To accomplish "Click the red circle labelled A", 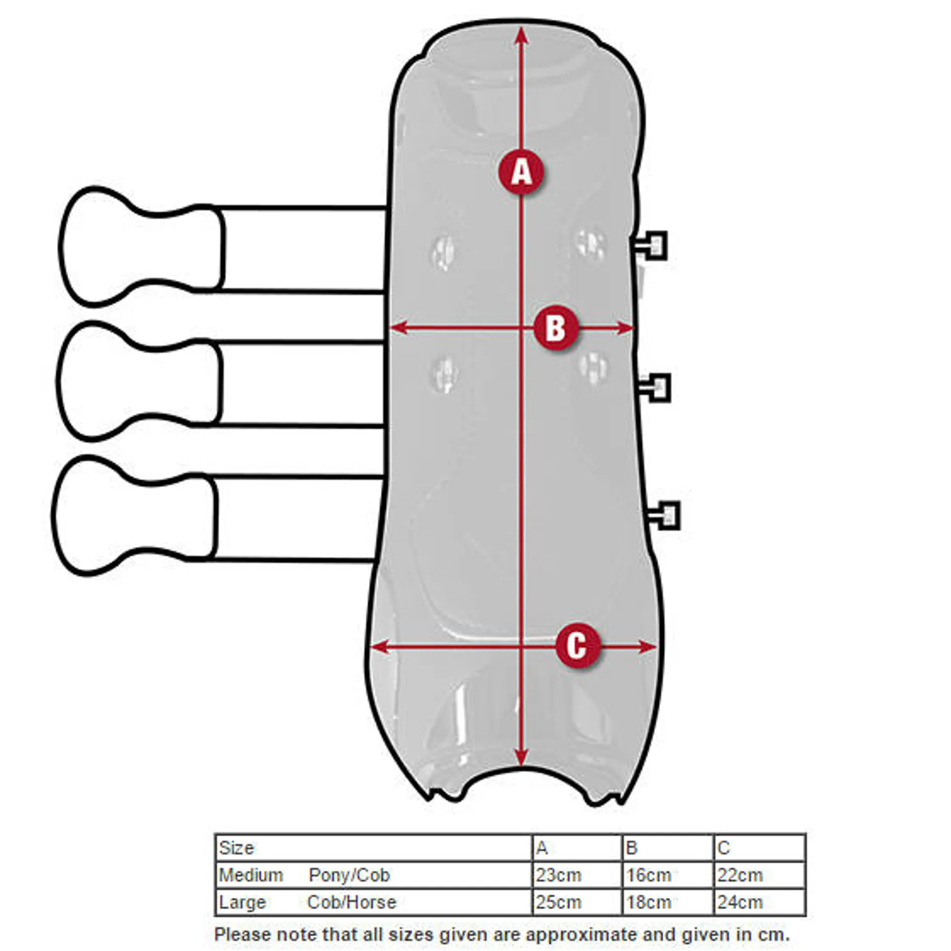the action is [x=521, y=172].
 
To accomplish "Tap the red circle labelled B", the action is [x=556, y=327].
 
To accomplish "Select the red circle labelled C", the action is [x=578, y=646].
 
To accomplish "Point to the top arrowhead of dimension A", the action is [x=521, y=35].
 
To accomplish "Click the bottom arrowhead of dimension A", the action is [x=521, y=758].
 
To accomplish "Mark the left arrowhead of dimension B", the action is [x=398, y=327].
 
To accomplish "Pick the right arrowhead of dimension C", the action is [x=648, y=646].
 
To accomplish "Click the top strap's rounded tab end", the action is [x=141, y=246].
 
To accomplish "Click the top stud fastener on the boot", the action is [x=649, y=245].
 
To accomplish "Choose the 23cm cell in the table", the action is [x=577, y=875].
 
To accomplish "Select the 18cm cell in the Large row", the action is [x=667, y=902].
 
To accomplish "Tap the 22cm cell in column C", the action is [x=759, y=875].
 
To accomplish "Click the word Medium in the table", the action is [x=251, y=875].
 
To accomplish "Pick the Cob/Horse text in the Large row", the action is [x=352, y=902].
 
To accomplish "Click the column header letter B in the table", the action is [x=631, y=847].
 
